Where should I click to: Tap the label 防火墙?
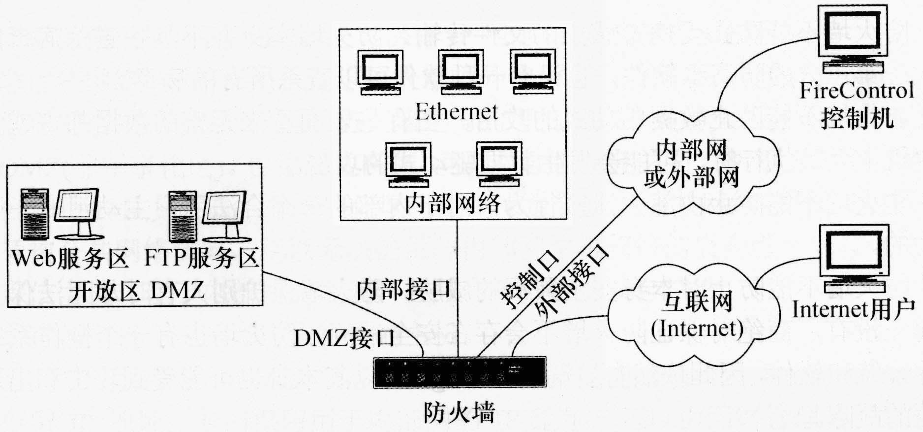coord(459,413)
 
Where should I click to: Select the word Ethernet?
coord(457,111)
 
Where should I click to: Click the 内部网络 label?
coord(453,202)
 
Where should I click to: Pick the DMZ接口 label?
coord(344,339)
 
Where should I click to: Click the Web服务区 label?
coord(70,259)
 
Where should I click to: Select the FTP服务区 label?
coord(202,259)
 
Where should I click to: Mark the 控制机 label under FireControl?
coord(857,119)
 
